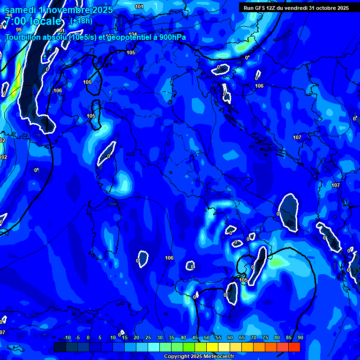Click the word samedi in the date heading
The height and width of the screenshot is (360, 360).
[x=20, y=10]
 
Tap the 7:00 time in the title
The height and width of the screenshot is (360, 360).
[x=18, y=21]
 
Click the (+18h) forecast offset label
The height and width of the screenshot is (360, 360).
[x=81, y=21]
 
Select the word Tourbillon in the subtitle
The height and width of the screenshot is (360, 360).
[x=26, y=37]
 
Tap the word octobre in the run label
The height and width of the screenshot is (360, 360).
[x=325, y=8]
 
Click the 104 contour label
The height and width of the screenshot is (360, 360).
[x=133, y=34]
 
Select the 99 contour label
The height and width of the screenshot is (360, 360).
[x=19, y=29]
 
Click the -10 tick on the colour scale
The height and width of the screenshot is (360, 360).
[x=67, y=337]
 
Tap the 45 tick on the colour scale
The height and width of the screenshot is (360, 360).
[x=195, y=337]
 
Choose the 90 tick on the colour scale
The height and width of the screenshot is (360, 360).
[x=300, y=337]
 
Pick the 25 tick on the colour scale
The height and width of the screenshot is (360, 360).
[x=148, y=337]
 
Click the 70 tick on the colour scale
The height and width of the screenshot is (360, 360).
[x=254, y=337]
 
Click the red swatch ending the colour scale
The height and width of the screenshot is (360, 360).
[x=294, y=347]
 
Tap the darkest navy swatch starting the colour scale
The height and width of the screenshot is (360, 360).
[x=60, y=347]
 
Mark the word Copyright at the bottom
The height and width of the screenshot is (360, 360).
[x=177, y=357]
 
